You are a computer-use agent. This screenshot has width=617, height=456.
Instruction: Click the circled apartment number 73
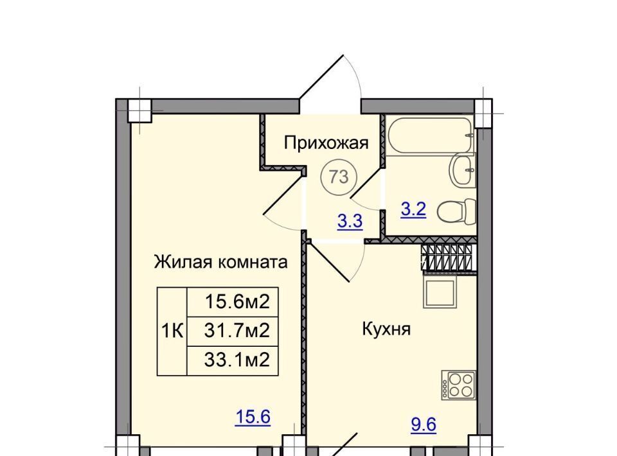(339, 177)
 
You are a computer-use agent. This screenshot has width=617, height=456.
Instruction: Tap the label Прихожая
(326, 143)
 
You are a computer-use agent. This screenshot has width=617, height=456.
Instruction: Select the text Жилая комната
(220, 262)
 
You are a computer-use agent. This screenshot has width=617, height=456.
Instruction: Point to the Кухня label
(386, 329)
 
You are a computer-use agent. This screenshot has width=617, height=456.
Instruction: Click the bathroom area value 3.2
(413, 209)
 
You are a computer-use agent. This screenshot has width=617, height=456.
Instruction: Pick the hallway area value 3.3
(350, 222)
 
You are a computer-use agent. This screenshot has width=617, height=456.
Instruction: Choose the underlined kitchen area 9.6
(424, 425)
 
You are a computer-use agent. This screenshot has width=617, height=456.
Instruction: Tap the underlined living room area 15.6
(253, 417)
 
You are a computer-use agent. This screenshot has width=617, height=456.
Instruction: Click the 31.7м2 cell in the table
(233, 331)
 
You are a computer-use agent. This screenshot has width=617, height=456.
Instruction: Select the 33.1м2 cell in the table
(233, 360)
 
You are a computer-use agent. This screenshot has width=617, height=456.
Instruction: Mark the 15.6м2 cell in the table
(233, 302)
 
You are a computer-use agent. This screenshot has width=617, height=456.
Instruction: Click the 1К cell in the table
(172, 331)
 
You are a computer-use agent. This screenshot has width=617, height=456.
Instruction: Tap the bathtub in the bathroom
(430, 135)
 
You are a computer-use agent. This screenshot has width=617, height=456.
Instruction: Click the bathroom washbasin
(463, 170)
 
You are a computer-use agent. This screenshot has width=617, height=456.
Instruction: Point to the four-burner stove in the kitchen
(458, 385)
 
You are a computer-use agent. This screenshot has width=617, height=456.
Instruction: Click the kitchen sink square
(440, 293)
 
